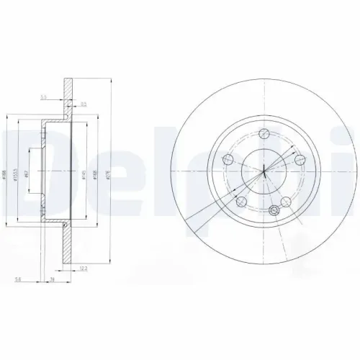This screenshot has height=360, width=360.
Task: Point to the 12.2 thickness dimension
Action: pyautogui.click(x=86, y=271)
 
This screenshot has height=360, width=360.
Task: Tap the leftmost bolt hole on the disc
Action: pyautogui.click(x=230, y=160)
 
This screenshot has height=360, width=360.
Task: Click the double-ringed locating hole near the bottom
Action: pyautogui.click(x=274, y=210)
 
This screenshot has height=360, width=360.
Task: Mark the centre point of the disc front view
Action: pyautogui.click(x=264, y=171)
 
